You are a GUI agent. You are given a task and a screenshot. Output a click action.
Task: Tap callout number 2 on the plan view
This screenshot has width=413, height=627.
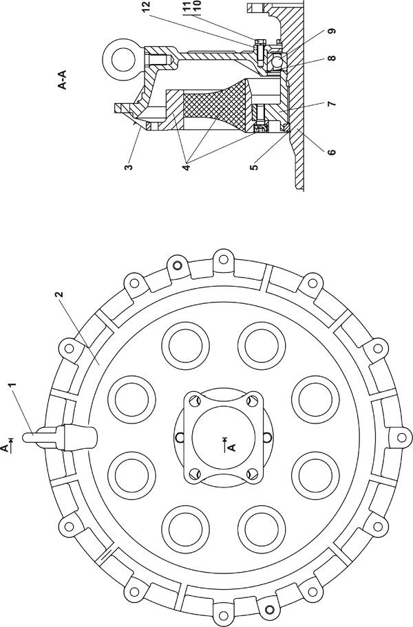pyautogui.click(x=59, y=295)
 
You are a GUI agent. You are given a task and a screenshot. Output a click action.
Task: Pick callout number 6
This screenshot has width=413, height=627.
pyautogui.click(x=332, y=152)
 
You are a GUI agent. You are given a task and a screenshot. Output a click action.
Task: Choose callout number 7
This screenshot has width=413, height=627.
pyautogui.click(x=332, y=104)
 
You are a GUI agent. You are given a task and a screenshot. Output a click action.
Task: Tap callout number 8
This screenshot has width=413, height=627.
pyautogui.click(x=332, y=58)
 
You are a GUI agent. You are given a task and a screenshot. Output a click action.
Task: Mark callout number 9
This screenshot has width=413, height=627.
pyautogui.click(x=332, y=31)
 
